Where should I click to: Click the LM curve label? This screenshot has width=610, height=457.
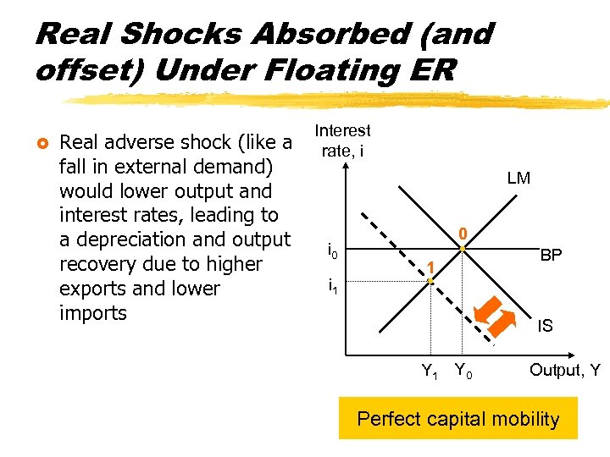pos(518,179)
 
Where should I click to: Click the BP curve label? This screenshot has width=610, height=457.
pos(551,255)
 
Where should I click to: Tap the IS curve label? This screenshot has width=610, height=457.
pos(545,325)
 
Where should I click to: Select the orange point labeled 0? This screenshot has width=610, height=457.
pos(463,248)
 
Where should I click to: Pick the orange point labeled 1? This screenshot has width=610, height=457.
pos(430,281)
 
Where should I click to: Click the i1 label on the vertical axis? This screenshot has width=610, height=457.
pos(333,288)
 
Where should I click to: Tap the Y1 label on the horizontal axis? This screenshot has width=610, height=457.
pos(431,370)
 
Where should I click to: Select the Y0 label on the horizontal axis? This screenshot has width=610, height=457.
pos(463,370)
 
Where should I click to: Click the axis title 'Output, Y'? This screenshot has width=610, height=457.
pos(564,370)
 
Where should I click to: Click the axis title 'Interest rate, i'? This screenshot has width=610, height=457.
pos(343,140)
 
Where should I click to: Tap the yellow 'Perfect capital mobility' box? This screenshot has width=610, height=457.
pos(457,418)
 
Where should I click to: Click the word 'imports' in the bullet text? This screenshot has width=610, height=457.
pos(93,313)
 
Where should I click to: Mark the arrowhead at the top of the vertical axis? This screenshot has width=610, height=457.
pos(346,166)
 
